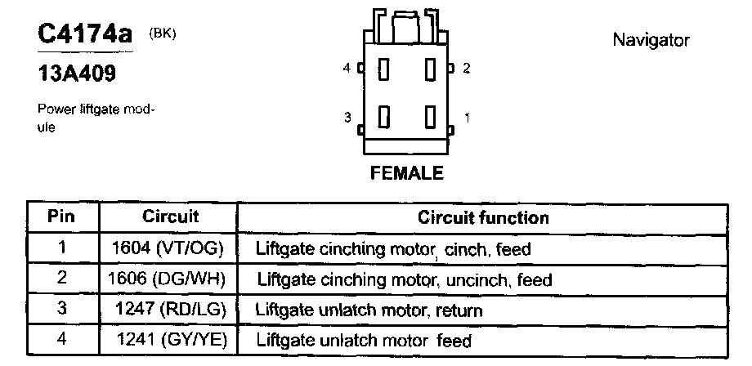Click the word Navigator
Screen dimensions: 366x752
pyautogui.click(x=651, y=40)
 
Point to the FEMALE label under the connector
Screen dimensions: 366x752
pyautogui.click(x=406, y=173)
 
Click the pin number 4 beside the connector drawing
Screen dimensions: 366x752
pyautogui.click(x=347, y=69)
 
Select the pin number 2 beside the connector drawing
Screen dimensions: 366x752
pyautogui.click(x=466, y=69)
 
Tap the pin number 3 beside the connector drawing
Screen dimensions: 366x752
pyautogui.click(x=347, y=118)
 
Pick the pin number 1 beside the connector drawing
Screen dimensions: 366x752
pyautogui.click(x=466, y=118)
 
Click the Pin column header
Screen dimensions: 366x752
pyautogui.click(x=61, y=217)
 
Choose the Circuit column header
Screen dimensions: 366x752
pyautogui.click(x=171, y=217)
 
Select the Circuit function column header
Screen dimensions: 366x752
pyautogui.click(x=483, y=218)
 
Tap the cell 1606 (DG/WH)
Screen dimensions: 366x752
pyautogui.click(x=172, y=279)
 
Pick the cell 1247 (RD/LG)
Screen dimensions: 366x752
pyautogui.click(x=172, y=310)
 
